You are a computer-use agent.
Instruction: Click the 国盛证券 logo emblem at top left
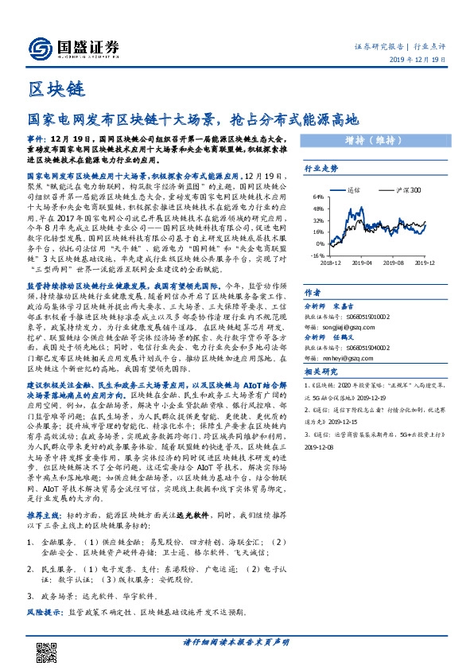pyautogui.click(x=38, y=47)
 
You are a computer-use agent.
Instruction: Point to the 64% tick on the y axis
pyautogui.click(x=317, y=196)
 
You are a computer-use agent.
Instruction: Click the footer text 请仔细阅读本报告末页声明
pyautogui.click(x=236, y=641)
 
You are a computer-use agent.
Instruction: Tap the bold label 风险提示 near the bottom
pyautogui.click(x=45, y=612)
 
